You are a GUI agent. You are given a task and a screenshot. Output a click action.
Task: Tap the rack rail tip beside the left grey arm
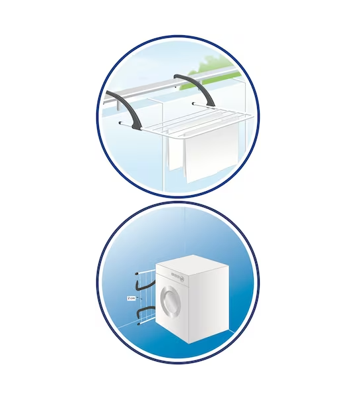point(120,123)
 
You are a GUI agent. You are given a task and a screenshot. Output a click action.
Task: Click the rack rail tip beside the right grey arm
point(193,104)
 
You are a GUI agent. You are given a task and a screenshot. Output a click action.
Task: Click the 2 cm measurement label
point(132,299)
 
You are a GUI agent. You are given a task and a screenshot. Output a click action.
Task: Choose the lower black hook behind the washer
point(144,311)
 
